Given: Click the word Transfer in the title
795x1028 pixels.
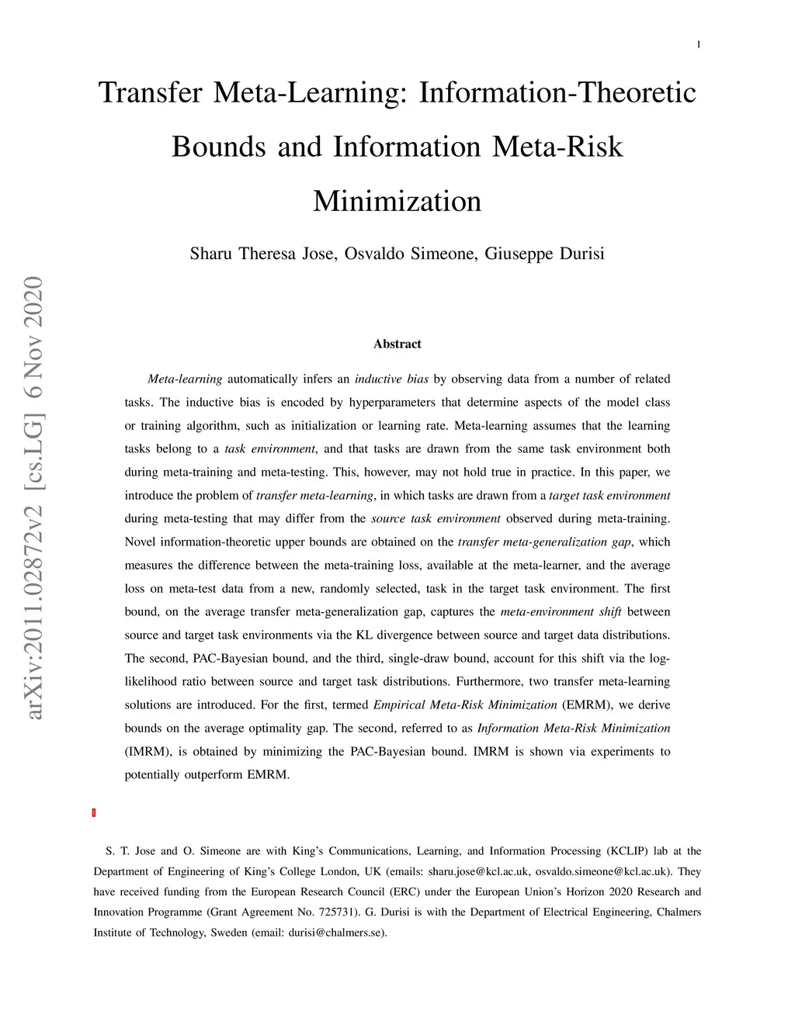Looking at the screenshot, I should (x=151, y=93).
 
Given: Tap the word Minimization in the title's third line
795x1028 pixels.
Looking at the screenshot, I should (x=397, y=201).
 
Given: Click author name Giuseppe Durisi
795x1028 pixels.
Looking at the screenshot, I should (x=544, y=254).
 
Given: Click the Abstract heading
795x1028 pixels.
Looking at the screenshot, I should (x=397, y=344).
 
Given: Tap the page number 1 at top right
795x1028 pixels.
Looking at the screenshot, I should (x=699, y=44).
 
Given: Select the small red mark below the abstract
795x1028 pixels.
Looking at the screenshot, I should (x=94, y=812).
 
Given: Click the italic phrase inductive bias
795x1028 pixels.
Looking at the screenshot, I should (x=391, y=379).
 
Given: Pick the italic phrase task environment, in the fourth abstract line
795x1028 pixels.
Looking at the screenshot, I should (x=270, y=449).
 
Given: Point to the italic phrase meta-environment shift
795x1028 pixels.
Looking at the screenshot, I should (x=550, y=612).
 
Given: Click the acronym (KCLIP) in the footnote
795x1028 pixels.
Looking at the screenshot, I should (x=627, y=851).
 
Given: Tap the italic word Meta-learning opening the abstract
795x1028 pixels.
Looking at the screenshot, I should (x=185, y=379).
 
